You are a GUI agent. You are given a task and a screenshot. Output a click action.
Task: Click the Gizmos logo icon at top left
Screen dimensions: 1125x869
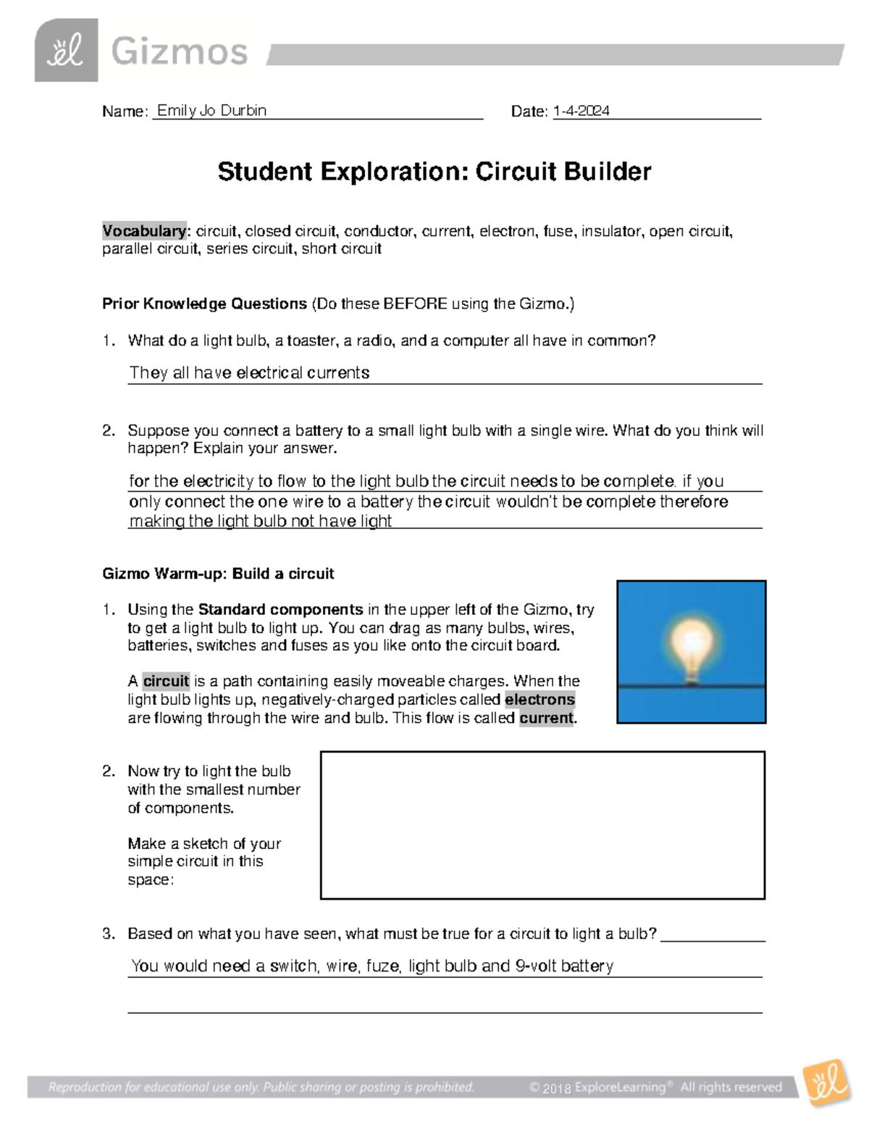tap(66, 51)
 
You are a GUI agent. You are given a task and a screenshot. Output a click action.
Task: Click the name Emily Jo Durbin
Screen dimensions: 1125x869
tap(211, 111)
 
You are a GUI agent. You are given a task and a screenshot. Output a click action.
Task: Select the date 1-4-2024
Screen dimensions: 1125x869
tap(581, 111)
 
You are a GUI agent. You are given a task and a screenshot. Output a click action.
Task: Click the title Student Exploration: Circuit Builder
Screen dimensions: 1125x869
tap(434, 172)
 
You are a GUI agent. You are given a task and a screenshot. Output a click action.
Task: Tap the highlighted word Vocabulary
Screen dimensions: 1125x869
tap(144, 231)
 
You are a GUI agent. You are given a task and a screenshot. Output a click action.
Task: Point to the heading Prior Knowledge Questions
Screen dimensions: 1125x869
tap(204, 304)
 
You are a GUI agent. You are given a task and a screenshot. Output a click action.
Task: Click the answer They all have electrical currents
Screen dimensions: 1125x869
tap(249, 373)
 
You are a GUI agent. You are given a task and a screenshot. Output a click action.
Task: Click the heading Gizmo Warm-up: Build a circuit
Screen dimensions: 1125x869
tap(218, 574)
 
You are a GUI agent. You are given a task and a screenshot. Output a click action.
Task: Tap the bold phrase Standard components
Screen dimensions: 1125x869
tap(280, 609)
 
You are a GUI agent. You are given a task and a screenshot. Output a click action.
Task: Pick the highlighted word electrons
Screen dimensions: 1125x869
tap(540, 700)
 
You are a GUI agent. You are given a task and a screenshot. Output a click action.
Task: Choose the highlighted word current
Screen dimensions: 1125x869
tap(547, 718)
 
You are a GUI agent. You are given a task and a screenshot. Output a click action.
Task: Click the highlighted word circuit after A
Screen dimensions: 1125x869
tap(166, 681)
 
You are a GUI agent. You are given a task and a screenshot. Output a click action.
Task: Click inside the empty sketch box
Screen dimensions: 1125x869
tap(542, 825)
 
